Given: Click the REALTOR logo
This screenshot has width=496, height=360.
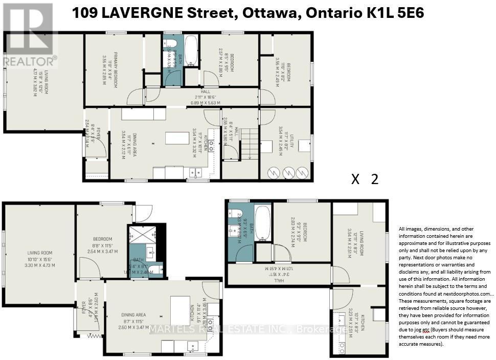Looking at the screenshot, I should (29, 36).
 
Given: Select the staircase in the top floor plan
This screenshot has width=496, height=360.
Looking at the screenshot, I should (249, 143).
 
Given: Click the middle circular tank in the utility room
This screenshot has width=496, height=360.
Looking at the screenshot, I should (288, 172).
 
